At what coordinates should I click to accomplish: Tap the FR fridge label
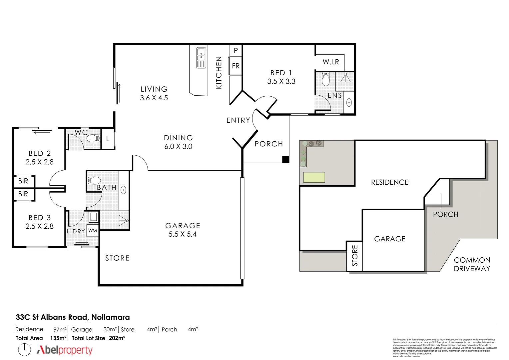[x=236, y=66]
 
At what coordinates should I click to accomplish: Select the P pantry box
[x=236, y=51]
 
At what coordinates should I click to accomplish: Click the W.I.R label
[x=330, y=62]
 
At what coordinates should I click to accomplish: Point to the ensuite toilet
[x=325, y=80]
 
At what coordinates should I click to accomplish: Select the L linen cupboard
[x=108, y=139]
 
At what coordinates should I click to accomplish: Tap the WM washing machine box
[x=93, y=231]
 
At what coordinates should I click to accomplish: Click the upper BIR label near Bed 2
[x=23, y=181]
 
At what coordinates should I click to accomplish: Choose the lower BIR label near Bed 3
[x=23, y=194]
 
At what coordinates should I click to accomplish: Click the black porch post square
[x=285, y=159]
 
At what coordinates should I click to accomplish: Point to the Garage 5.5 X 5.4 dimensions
[x=183, y=234]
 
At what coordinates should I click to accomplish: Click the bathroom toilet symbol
[x=94, y=180]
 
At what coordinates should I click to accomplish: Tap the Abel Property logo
[x=64, y=350]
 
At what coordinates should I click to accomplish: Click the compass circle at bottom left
[x=24, y=350]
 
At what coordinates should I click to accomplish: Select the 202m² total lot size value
[x=117, y=338]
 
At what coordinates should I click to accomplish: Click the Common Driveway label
[x=472, y=264]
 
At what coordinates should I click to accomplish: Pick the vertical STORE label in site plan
[x=355, y=256]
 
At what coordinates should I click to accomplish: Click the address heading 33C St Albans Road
[x=73, y=317]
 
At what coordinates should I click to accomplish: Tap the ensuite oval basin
[x=349, y=102]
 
